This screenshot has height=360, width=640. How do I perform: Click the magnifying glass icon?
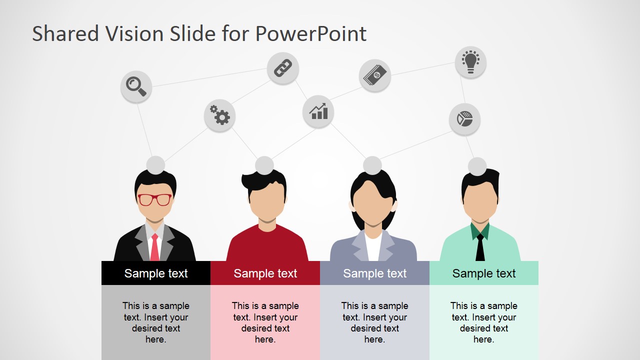136,86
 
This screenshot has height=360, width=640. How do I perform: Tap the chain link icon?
282,68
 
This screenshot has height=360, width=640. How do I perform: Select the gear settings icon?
219,115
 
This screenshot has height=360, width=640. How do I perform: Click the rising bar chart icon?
318,111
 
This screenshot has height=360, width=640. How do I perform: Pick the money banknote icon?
374,75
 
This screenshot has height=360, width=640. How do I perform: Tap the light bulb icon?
470,62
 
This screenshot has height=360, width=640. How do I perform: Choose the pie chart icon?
464,119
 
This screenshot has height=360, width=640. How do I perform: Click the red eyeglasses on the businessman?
155,199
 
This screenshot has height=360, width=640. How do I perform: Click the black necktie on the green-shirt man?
480,247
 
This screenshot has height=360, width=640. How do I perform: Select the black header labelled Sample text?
156,273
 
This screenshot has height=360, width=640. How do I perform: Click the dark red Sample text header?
265,273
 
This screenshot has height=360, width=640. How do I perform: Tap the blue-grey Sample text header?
374,273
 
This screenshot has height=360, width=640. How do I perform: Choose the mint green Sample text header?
484,273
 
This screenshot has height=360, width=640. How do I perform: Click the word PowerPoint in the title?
310,34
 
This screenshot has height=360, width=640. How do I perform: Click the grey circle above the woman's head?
372,165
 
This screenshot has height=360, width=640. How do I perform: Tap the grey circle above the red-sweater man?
264,165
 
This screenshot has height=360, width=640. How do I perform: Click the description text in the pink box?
265,322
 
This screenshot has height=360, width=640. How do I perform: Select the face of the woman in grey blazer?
372,203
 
